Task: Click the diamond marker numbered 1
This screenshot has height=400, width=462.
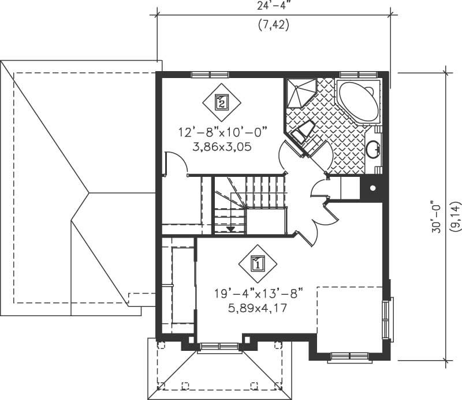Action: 258,264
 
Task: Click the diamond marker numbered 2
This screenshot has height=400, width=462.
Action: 222,102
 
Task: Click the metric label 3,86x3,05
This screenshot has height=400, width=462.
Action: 222,146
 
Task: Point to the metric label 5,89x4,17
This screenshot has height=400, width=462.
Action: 258,308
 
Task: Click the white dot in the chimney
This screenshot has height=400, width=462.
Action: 372,188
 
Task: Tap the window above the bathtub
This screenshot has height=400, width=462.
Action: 358,75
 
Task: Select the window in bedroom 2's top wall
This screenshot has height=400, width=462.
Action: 210,75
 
